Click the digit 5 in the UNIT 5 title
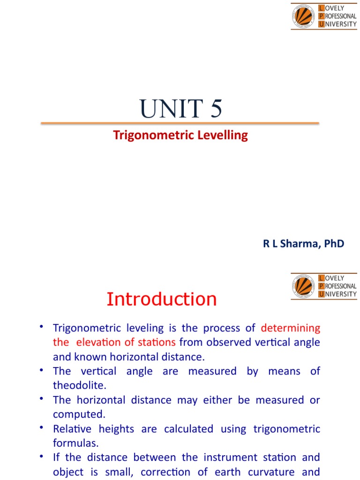[x=216, y=109]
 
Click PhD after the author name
[x=334, y=244]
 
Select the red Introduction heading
[x=162, y=299]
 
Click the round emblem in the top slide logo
[x=303, y=16]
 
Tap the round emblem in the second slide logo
[x=303, y=286]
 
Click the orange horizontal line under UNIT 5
[x=180, y=123]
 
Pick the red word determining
[x=291, y=328]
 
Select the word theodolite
[x=80, y=385]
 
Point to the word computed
[x=79, y=414]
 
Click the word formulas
[x=75, y=443]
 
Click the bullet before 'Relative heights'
[x=41, y=427]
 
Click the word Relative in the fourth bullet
[x=72, y=429]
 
